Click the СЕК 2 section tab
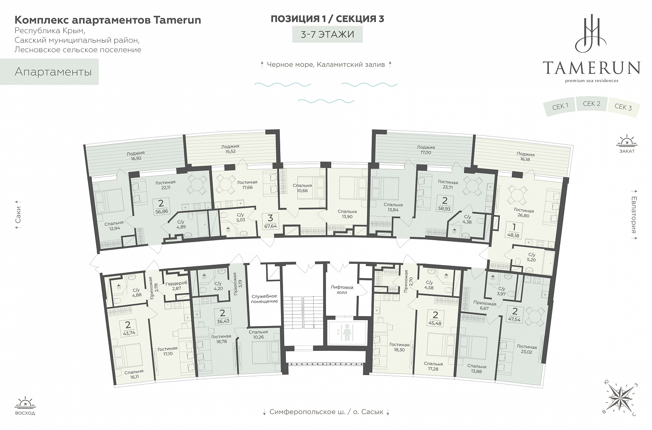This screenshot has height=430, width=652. [591, 104]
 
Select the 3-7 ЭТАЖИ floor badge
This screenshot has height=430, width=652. [328, 34]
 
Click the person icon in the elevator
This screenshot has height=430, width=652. [346, 332]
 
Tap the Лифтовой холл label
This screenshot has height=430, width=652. [342, 289]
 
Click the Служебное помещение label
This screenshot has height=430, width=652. [265, 299]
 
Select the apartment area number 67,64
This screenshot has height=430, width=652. [270, 226]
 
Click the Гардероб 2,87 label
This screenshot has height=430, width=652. [176, 285]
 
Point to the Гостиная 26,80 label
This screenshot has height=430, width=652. [524, 213]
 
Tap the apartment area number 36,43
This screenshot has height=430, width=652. [223, 321]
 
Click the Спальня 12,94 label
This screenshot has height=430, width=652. [114, 225]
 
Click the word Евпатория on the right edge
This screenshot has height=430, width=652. [634, 215]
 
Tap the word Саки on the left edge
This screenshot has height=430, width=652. [18, 215]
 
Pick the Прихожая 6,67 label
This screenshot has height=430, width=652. [485, 306]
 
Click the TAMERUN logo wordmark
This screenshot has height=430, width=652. [591, 68]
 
